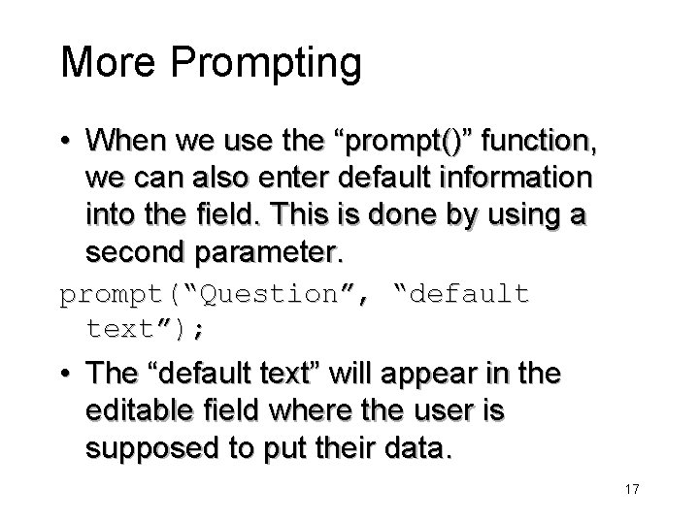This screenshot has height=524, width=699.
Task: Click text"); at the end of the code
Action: point(145,329)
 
